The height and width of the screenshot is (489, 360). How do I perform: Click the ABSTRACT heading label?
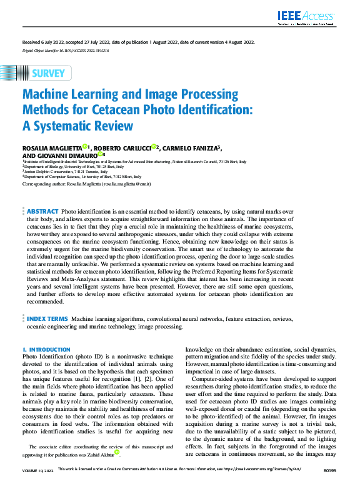43,212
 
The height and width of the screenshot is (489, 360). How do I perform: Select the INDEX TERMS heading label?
47,319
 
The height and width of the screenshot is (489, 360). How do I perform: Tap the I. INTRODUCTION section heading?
46,350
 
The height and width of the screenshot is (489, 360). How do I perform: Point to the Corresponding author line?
86,184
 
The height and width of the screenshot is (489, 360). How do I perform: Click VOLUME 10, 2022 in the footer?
38,485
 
